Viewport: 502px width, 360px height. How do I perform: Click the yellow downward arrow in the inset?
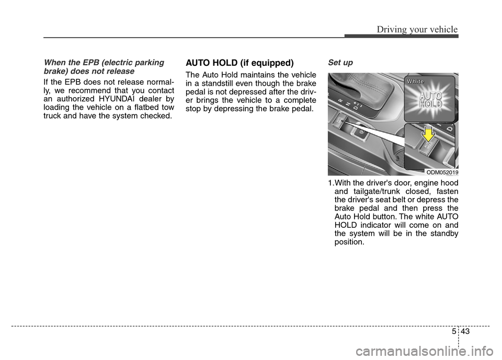pyautogui.click(x=429, y=135)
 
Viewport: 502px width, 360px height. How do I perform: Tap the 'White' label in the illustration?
pyautogui.click(x=416, y=82)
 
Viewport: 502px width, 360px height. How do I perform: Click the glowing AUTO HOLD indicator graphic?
pyautogui.click(x=428, y=100)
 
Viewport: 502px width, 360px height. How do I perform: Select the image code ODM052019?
pyautogui.click(x=442, y=172)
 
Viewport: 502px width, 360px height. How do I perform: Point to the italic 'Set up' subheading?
pyautogui.click(x=340, y=63)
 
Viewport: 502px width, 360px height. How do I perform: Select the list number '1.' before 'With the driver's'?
pyautogui.click(x=331, y=183)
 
